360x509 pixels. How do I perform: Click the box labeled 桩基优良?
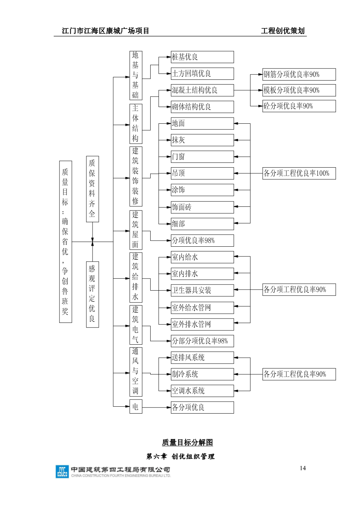click(202, 57)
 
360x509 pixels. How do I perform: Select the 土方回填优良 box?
click(202, 74)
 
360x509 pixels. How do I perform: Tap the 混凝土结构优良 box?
click(202, 90)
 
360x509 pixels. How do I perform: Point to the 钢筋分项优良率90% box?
click(299, 74)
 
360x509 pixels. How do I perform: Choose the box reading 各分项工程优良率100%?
click(299, 173)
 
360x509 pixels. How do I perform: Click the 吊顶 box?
click(202, 173)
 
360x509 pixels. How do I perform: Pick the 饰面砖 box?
click(202, 208)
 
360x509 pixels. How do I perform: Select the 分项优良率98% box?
click(202, 241)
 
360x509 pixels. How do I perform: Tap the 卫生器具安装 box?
click(202, 290)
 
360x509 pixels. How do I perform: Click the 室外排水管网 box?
click(202, 324)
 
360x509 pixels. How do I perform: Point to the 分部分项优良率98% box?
click(202, 341)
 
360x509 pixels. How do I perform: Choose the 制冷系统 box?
click(202, 374)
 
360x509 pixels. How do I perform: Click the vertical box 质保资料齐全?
click(92, 189)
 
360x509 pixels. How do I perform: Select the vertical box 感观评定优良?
click(92, 294)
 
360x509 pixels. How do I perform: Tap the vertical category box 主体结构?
click(136, 124)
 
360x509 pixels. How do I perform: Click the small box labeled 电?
click(136, 407)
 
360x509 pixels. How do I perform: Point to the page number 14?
click(303, 468)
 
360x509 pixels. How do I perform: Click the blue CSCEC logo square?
click(62, 472)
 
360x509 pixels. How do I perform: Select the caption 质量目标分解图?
click(187, 443)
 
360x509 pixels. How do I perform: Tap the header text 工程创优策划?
click(283, 31)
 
